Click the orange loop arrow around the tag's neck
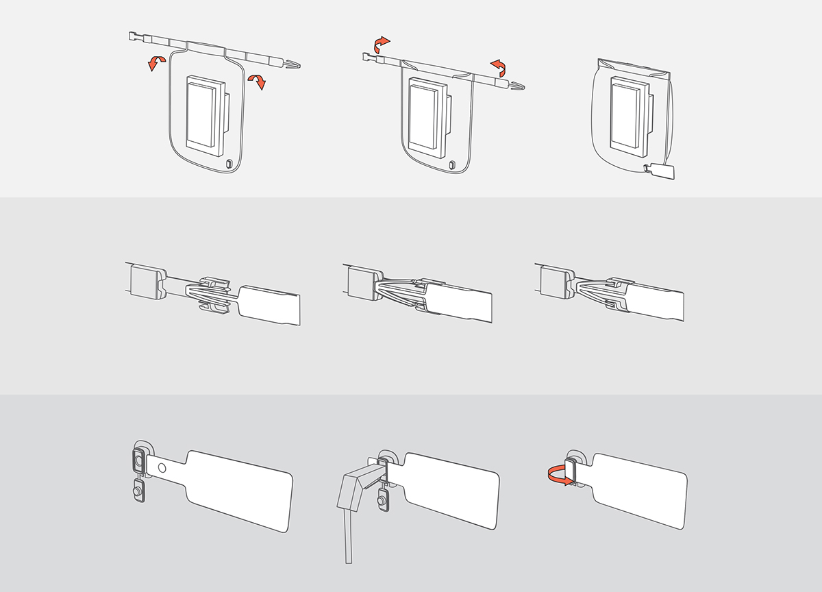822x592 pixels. pos(557,474)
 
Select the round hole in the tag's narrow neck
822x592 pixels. pos(161,467)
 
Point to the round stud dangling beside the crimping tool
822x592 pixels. pos(383,503)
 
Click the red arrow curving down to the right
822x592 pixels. pos(257,81)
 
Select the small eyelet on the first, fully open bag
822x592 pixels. pos(229,164)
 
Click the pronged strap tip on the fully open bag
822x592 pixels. pos(292,64)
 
